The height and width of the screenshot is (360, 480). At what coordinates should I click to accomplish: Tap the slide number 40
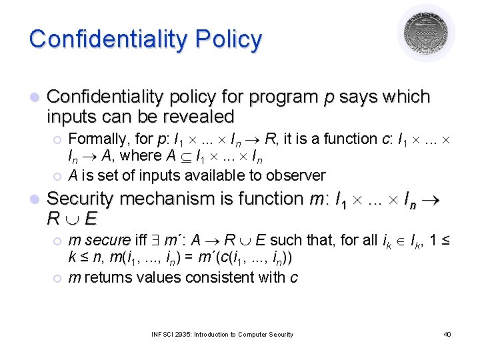coord(447,334)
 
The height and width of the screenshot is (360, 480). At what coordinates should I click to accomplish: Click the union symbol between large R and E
coord(72,219)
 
